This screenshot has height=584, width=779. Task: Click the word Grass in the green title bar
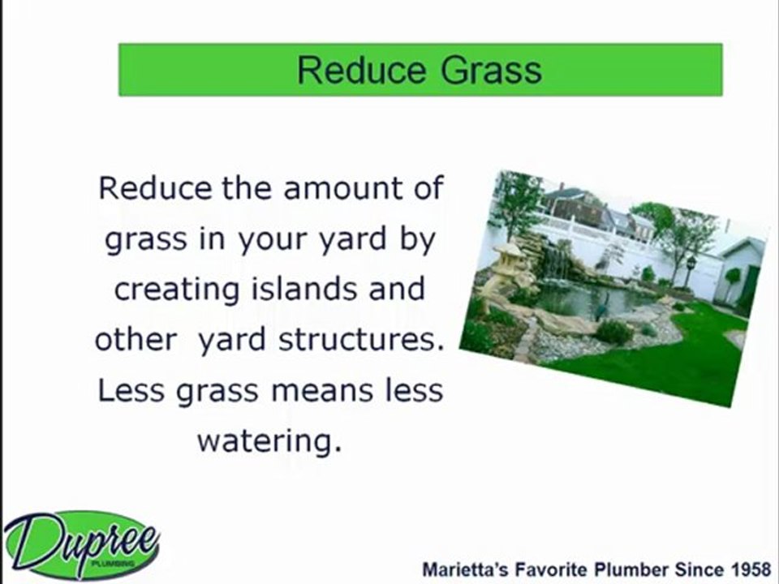[492, 70]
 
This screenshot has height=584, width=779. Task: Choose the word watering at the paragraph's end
[266, 442]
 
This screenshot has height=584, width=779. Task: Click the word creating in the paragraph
[166, 290]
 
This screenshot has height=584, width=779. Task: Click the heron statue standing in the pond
[601, 307]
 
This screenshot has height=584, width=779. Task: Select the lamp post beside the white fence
[691, 268]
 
